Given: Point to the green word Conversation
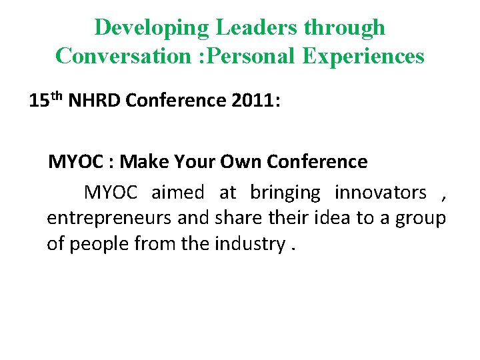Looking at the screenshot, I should click(x=123, y=56).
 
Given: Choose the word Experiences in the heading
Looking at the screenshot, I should click(x=363, y=56).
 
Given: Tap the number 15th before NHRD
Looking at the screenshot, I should click(x=46, y=100).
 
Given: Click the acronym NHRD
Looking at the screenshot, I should click(x=95, y=101).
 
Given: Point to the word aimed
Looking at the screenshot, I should click(x=178, y=193).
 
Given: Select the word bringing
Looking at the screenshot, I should click(x=285, y=193).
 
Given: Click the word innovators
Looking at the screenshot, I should click(x=381, y=193).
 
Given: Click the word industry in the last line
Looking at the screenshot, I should click(x=249, y=244).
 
